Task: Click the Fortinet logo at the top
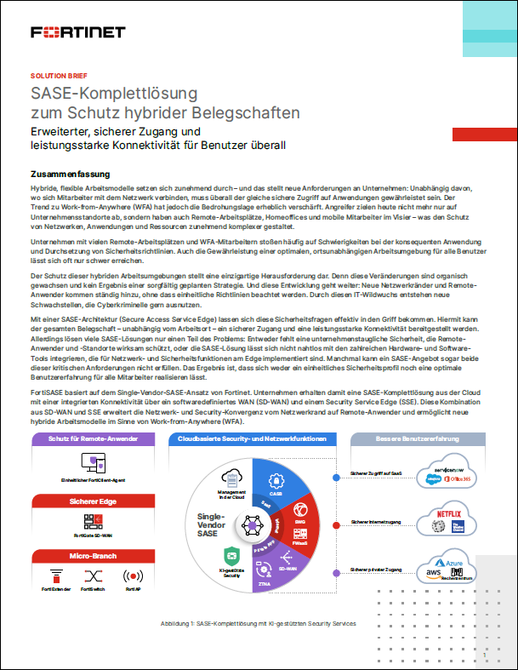point(77,32)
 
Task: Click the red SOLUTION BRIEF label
point(58,76)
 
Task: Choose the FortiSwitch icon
point(93,576)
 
